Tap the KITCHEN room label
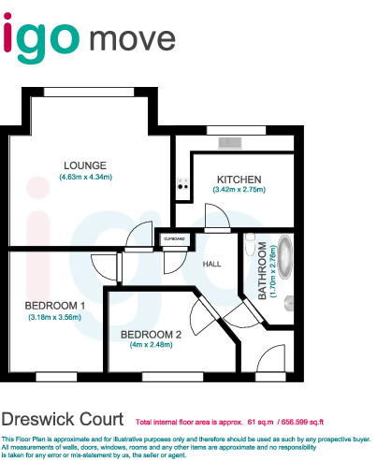coord(239,179)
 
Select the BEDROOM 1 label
coord(55,306)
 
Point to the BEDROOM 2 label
coord(152,334)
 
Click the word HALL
coord(213,264)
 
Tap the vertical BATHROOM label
coord(263,273)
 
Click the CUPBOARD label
coord(174,239)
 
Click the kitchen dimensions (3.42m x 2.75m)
coord(239,190)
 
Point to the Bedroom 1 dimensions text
coord(55,317)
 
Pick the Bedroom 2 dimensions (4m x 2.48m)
coord(152,344)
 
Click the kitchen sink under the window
coord(230,142)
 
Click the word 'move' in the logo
coord(133,38)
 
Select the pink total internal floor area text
coord(230,423)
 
